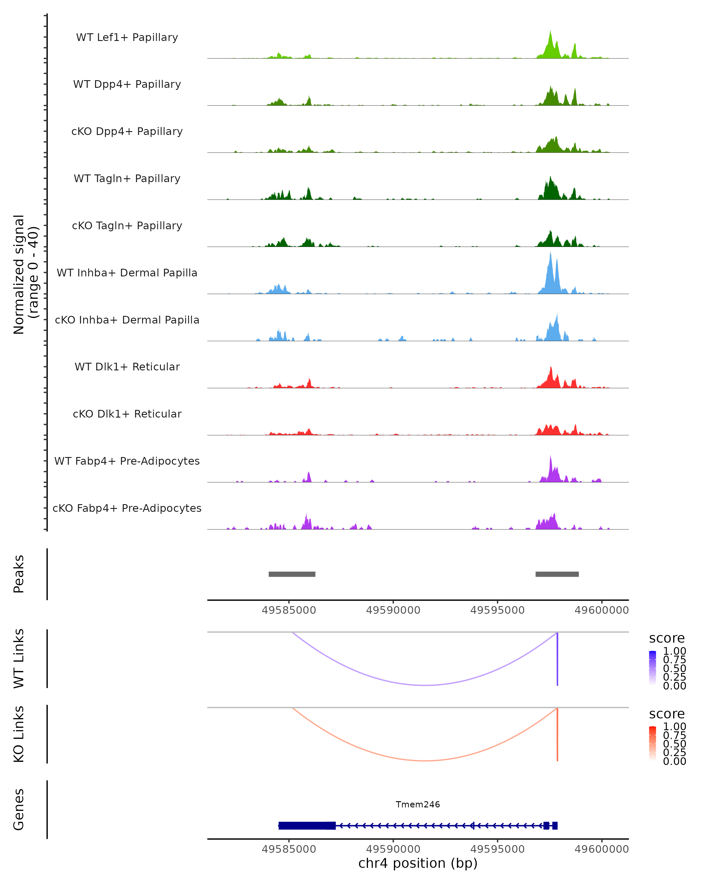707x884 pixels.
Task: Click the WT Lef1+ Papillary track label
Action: (127, 37)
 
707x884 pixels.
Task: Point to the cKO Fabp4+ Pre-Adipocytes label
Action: (127, 508)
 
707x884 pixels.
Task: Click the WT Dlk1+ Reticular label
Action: (127, 367)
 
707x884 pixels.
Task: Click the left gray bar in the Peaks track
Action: (292, 574)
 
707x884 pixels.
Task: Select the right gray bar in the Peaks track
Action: (557, 574)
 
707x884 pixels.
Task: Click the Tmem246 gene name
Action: (418, 804)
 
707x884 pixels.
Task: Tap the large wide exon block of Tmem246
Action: (307, 825)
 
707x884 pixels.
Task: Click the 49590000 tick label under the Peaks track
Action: (393, 610)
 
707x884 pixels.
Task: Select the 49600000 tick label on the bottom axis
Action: (601, 849)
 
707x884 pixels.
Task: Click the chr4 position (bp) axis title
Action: (418, 863)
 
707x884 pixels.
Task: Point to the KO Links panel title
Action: (19, 734)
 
